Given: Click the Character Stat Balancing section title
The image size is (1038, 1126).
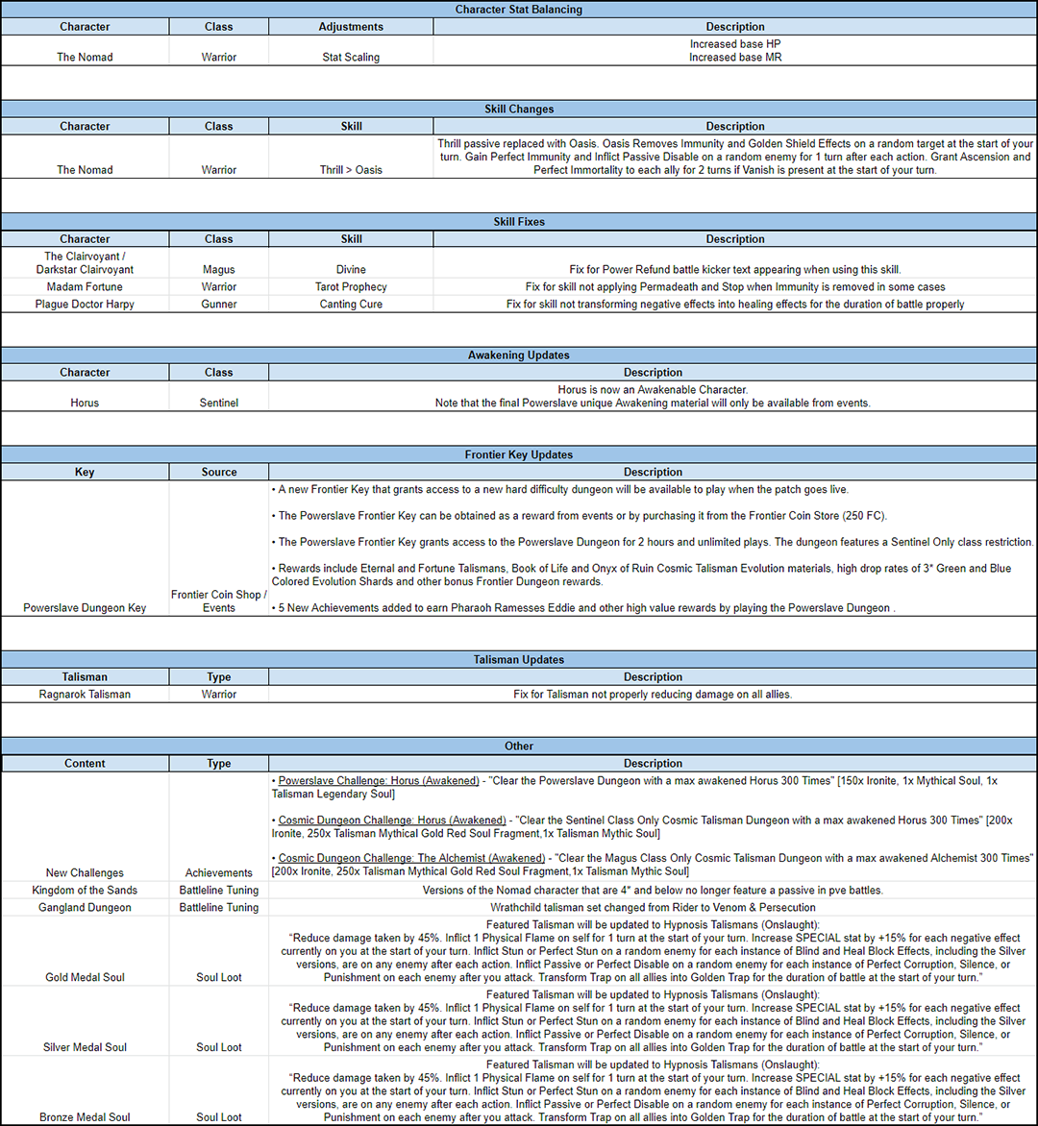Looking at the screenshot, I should (519, 10).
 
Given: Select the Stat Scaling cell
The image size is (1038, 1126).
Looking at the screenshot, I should (351, 57).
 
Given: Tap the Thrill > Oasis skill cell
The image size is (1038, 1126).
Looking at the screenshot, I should (351, 170).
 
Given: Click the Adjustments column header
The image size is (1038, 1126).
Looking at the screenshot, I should (351, 27).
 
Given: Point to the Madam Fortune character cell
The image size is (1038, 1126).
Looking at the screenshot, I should (85, 286).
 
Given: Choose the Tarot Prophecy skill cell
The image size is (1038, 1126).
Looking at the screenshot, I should (351, 286).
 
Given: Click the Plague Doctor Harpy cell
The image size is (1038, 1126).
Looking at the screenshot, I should (85, 304).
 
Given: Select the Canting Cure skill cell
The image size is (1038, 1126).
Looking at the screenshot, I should (351, 304).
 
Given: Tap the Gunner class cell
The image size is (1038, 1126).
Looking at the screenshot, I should (219, 304).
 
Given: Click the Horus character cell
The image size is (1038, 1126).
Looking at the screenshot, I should (85, 403).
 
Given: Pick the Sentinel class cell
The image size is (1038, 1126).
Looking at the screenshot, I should (219, 403).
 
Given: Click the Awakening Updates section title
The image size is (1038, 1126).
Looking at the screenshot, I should (519, 355).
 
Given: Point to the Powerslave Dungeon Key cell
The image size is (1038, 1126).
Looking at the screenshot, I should (85, 608).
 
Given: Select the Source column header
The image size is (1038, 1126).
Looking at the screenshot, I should (219, 472).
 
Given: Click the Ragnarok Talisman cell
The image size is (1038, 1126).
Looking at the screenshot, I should (85, 694).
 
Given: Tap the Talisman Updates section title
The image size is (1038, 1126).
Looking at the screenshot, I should (519, 660).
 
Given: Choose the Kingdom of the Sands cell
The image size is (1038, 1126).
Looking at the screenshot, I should (85, 890).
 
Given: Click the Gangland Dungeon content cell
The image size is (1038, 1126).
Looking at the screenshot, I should (85, 907).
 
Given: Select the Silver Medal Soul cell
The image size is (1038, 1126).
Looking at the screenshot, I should (85, 1047).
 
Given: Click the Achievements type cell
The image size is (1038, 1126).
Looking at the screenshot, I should (219, 872).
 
